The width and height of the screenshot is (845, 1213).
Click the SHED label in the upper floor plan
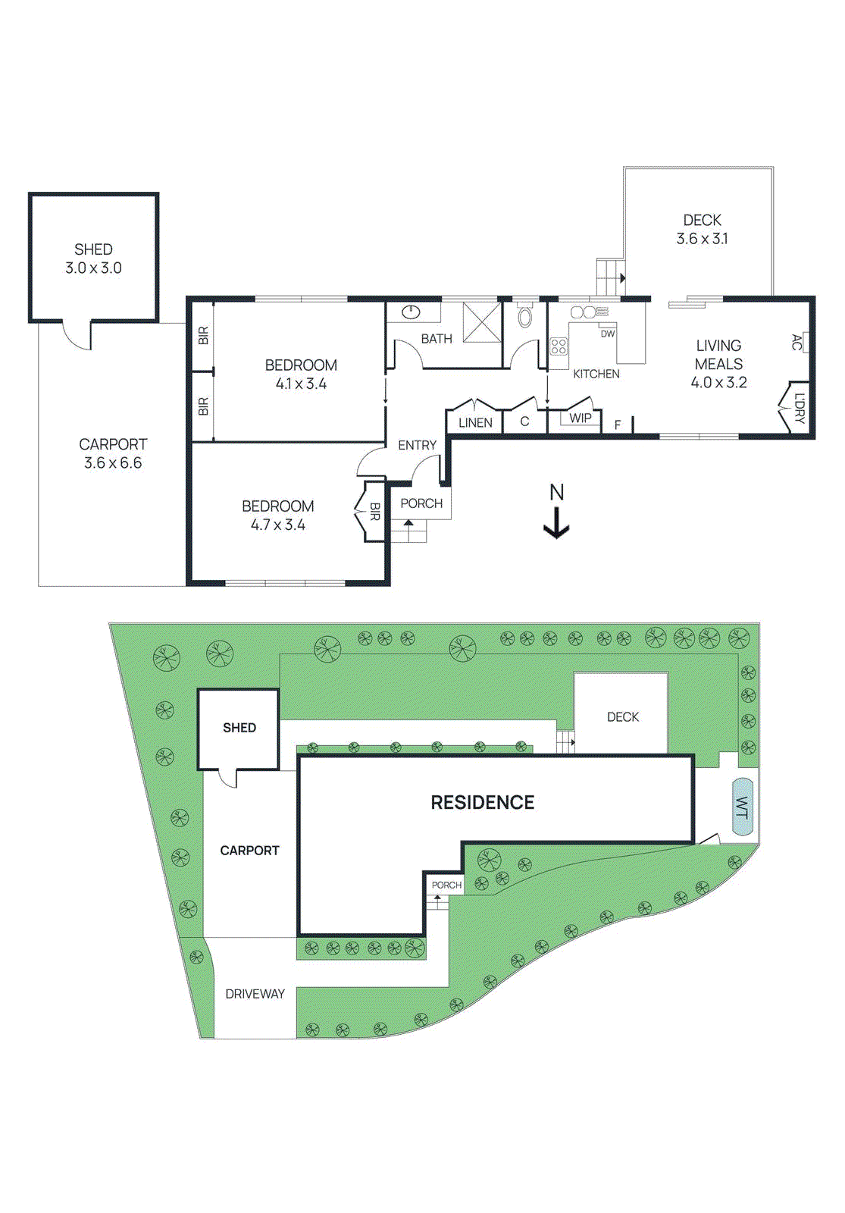pyautogui.click(x=93, y=249)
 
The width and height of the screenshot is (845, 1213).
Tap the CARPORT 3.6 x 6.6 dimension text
pyautogui.click(x=113, y=463)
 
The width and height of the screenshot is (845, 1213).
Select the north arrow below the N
pyautogui.click(x=557, y=523)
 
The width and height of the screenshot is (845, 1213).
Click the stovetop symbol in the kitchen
pyautogui.click(x=559, y=346)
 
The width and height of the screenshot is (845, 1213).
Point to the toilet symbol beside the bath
pyautogui.click(x=525, y=317)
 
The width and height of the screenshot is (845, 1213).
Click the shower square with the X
pyautogui.click(x=482, y=321)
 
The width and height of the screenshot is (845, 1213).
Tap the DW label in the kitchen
pyautogui.click(x=608, y=334)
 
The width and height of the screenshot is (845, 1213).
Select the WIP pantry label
pyautogui.click(x=581, y=418)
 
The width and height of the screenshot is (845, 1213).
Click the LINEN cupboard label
pyautogui.click(x=475, y=423)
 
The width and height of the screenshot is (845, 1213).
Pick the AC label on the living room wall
pyautogui.click(x=796, y=342)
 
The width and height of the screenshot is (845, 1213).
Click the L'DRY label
pyautogui.click(x=800, y=408)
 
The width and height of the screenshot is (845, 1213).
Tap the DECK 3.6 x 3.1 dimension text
pyautogui.click(x=702, y=239)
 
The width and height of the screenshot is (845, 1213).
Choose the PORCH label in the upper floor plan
pyautogui.click(x=421, y=503)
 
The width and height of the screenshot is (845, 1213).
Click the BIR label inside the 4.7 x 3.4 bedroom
pyautogui.click(x=374, y=512)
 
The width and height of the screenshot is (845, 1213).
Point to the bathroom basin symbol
pyautogui.click(x=411, y=311)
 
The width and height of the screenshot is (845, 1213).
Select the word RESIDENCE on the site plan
pyautogui.click(x=483, y=803)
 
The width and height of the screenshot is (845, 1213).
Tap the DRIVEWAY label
pyautogui.click(x=255, y=994)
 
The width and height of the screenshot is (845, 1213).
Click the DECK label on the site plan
pyautogui.click(x=623, y=717)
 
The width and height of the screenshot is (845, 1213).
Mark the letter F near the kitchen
pyautogui.click(x=618, y=425)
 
